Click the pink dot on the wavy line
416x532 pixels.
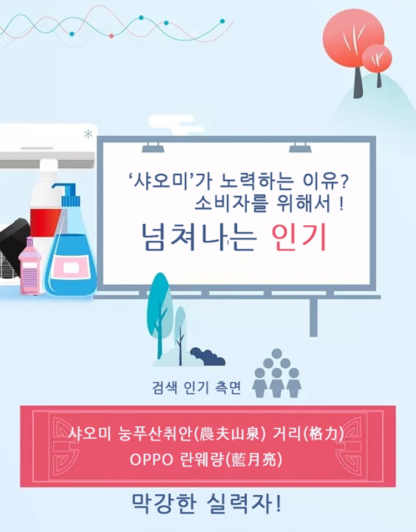(x=111, y=36)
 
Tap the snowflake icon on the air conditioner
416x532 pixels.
(x=88, y=134)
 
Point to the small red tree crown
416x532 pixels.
(x=377, y=58)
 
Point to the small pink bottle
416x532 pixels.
(x=29, y=266)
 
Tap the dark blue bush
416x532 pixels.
(x=207, y=357)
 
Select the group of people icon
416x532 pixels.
(x=277, y=373)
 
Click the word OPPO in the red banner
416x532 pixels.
(x=151, y=460)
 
